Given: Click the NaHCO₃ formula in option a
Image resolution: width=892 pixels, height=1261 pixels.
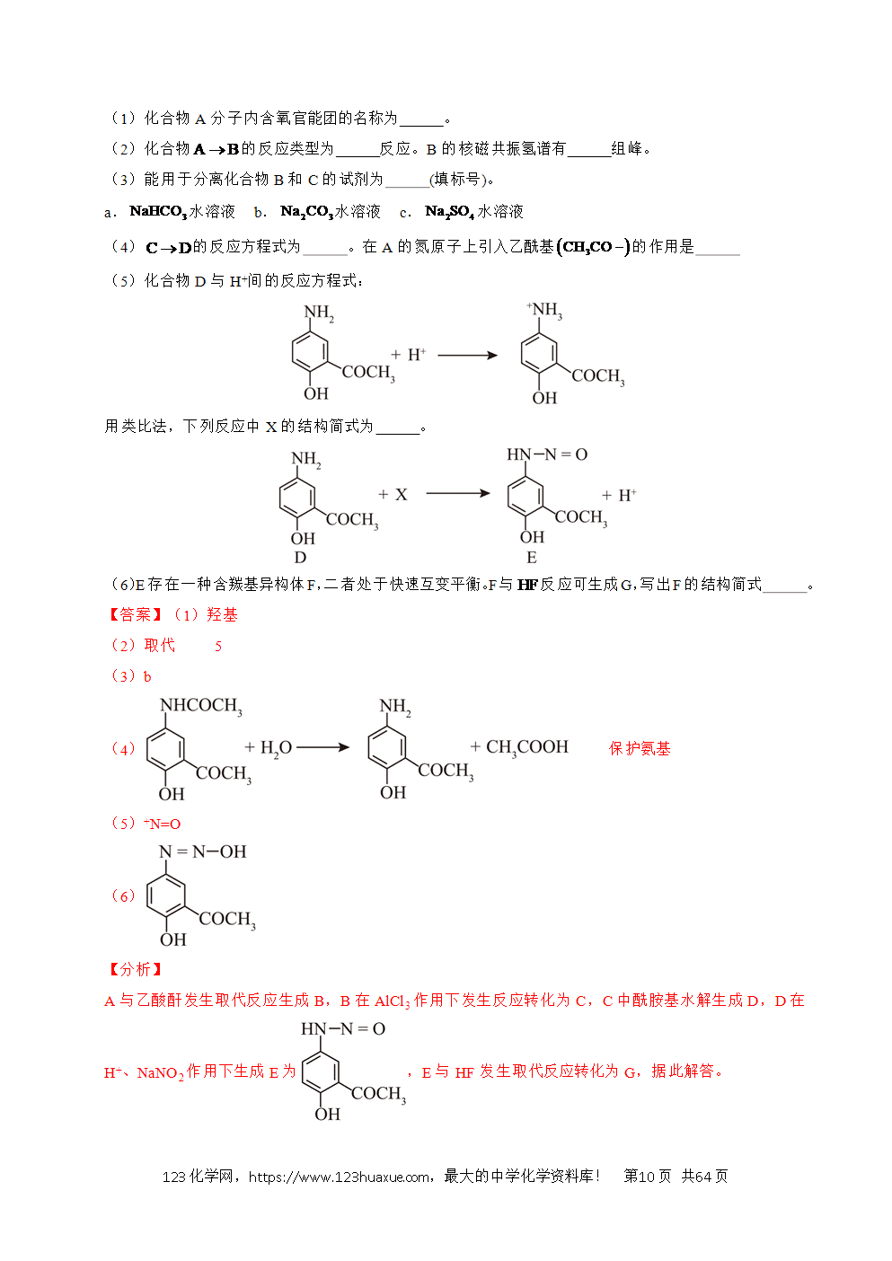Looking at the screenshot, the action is (158, 212).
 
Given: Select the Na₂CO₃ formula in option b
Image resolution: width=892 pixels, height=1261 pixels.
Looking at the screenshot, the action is (307, 212).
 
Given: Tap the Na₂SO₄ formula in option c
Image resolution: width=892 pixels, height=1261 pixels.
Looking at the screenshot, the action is (450, 212).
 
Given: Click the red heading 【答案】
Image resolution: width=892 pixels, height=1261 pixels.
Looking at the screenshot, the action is (135, 614).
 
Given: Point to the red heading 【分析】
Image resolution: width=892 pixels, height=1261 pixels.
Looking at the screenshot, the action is (135, 969).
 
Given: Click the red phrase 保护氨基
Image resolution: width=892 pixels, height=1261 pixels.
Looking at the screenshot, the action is (640, 749).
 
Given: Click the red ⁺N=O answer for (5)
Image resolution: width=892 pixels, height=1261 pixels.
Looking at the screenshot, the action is (163, 824).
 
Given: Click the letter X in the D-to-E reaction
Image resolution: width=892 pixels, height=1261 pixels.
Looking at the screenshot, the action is (401, 495).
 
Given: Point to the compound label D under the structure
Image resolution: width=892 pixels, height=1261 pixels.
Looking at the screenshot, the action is (300, 558).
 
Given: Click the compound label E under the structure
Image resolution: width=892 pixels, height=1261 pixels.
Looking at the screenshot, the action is (531, 558).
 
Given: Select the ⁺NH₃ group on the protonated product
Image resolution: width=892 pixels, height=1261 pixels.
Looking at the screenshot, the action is (544, 310).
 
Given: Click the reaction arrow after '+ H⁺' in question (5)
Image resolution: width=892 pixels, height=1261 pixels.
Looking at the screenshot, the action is (467, 356).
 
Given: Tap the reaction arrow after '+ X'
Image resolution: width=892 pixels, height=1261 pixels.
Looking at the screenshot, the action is (458, 494).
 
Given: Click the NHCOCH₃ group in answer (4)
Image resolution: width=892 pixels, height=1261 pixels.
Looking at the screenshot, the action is (201, 706).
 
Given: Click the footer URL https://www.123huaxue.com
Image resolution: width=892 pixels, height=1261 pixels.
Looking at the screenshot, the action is (339, 1177).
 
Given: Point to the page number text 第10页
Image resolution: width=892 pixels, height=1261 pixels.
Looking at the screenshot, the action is (647, 1177).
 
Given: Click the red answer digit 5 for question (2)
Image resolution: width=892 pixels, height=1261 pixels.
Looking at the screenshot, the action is (218, 647).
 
